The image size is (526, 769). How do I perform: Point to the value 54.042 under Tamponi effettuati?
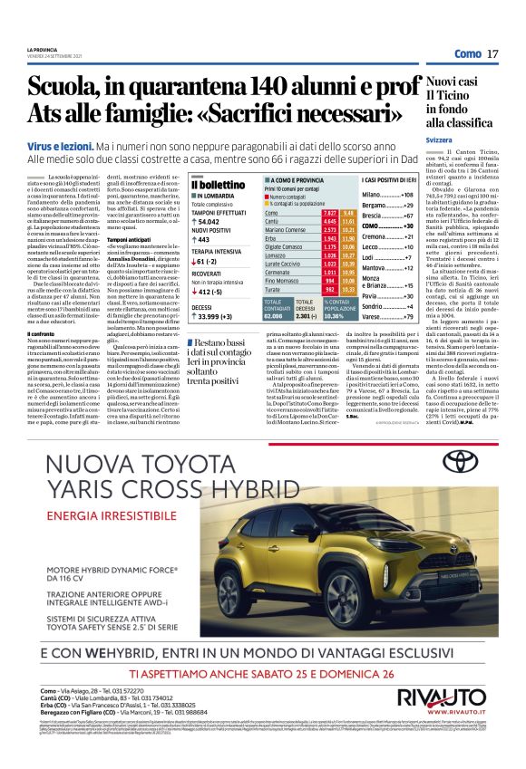click(209, 221)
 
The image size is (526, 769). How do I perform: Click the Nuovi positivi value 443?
click(204, 239)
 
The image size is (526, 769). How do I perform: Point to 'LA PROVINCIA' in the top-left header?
click(42, 49)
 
